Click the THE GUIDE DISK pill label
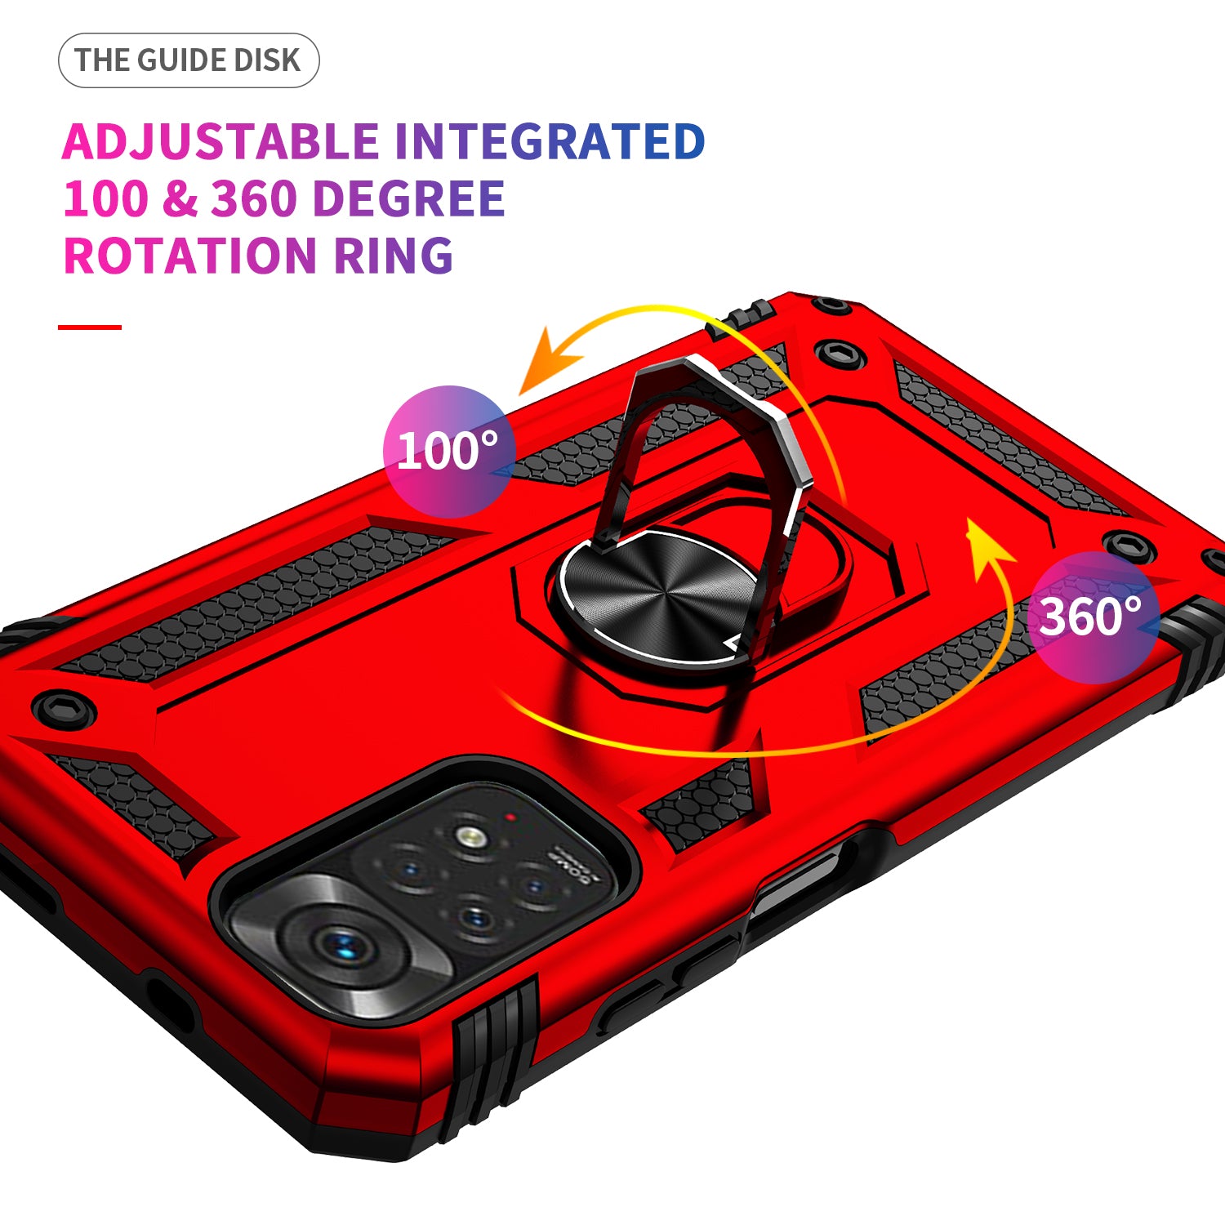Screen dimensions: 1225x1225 (188, 60)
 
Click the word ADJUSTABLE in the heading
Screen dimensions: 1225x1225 (220, 142)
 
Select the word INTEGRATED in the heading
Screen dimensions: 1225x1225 (550, 142)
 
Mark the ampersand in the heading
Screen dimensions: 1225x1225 (180, 199)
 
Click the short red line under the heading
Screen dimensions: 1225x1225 (90, 327)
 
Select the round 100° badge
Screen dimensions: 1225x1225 (448, 451)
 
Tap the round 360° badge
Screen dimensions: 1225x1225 (1092, 617)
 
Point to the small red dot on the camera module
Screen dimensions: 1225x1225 (510, 817)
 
